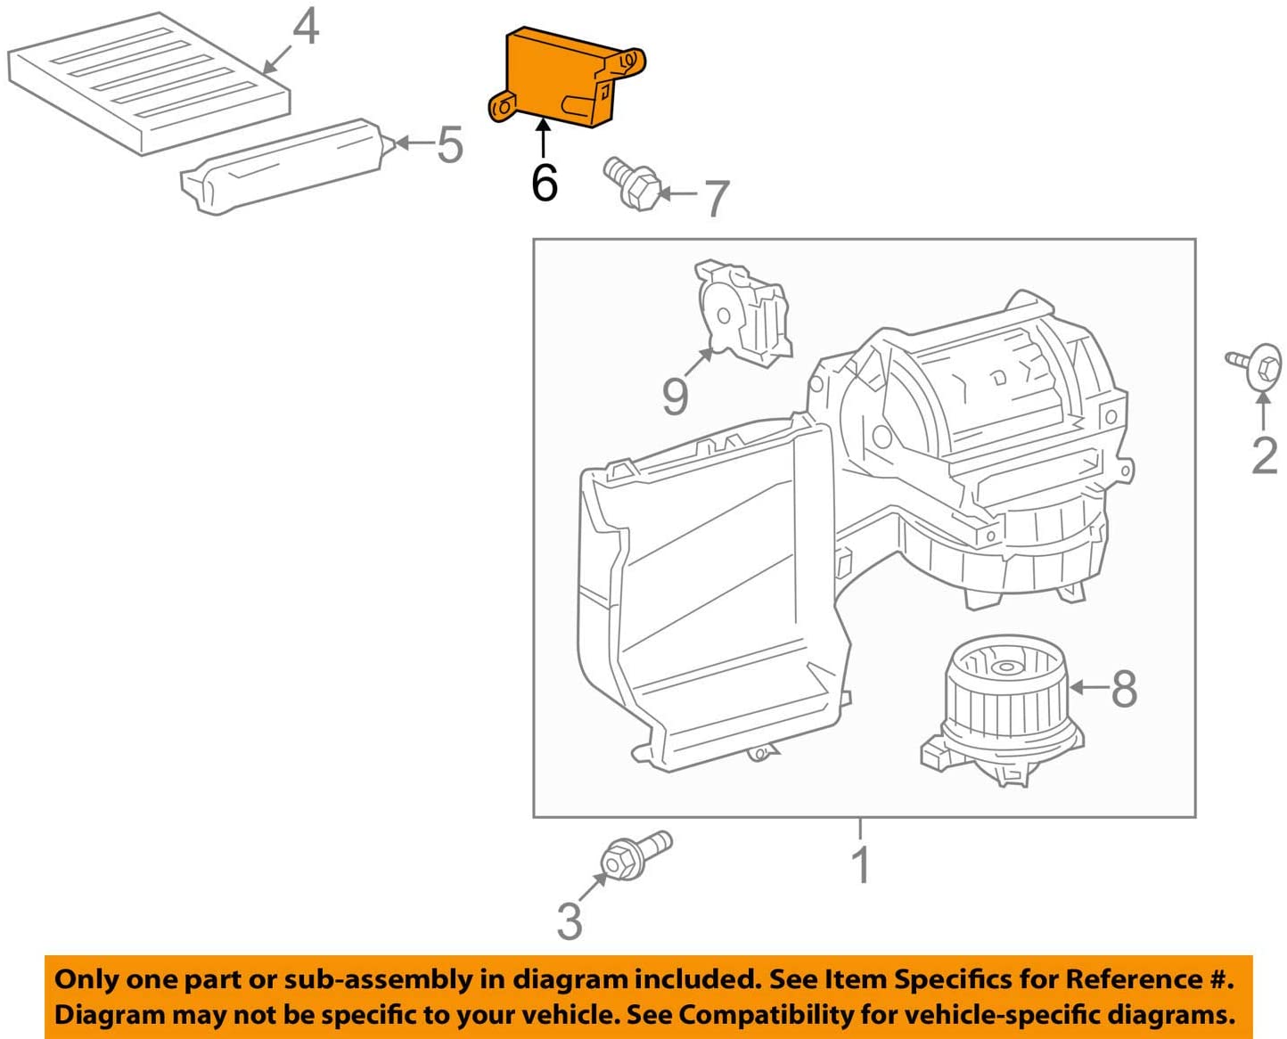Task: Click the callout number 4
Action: [306, 28]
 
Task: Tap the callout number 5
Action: [450, 144]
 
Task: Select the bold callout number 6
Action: [545, 183]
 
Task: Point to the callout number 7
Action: [717, 198]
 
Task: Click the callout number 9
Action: [676, 396]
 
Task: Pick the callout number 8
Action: [1124, 688]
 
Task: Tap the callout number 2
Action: [1265, 455]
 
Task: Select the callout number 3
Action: [570, 920]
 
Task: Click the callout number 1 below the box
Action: [860, 864]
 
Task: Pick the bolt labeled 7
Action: [632, 183]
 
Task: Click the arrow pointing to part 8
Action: [1088, 687]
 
